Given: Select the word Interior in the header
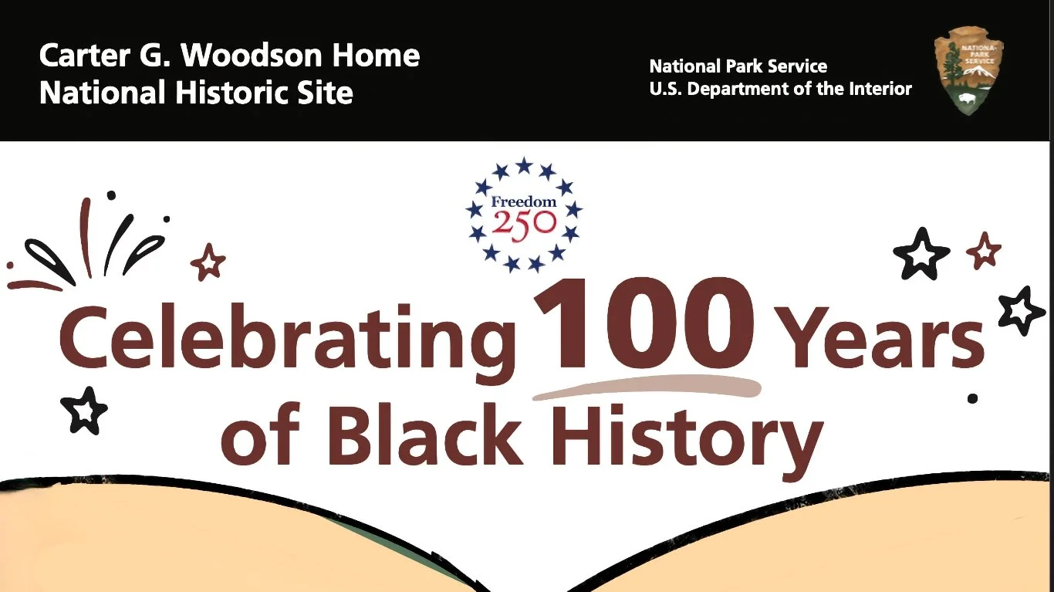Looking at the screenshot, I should pyautogui.click(x=880, y=89).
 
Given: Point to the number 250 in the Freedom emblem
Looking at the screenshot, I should pyautogui.click(x=525, y=223).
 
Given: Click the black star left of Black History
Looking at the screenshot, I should pyautogui.click(x=85, y=410).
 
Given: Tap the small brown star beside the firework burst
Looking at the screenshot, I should pyautogui.click(x=208, y=262).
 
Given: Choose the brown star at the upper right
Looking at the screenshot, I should pyautogui.click(x=984, y=251).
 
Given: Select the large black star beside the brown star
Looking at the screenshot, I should pyautogui.click(x=921, y=254).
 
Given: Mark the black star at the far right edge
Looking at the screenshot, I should pyautogui.click(x=1022, y=310).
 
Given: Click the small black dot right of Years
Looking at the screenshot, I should pyautogui.click(x=973, y=398).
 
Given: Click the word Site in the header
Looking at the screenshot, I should pyautogui.click(x=327, y=93).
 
